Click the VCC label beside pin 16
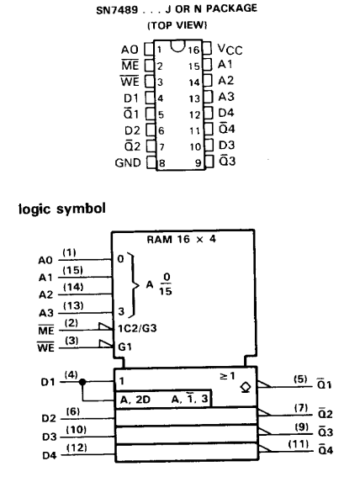click(230, 50)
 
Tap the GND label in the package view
click(128, 162)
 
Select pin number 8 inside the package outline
click(162, 164)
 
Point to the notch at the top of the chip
click(177, 46)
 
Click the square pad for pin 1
click(149, 49)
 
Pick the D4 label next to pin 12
click(226, 113)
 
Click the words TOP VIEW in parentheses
click(177, 25)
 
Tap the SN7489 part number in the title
click(117, 10)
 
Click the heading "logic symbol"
click(62, 209)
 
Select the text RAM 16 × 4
click(181, 240)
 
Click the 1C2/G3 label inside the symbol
click(137, 329)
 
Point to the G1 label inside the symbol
click(124, 347)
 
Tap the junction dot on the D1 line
click(82, 381)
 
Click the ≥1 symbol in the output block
click(227, 376)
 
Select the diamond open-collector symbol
click(245, 388)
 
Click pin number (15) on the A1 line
click(72, 270)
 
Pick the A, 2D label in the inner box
click(135, 399)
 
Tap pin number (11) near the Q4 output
click(299, 444)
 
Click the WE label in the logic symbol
click(46, 347)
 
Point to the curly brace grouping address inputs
click(133, 285)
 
